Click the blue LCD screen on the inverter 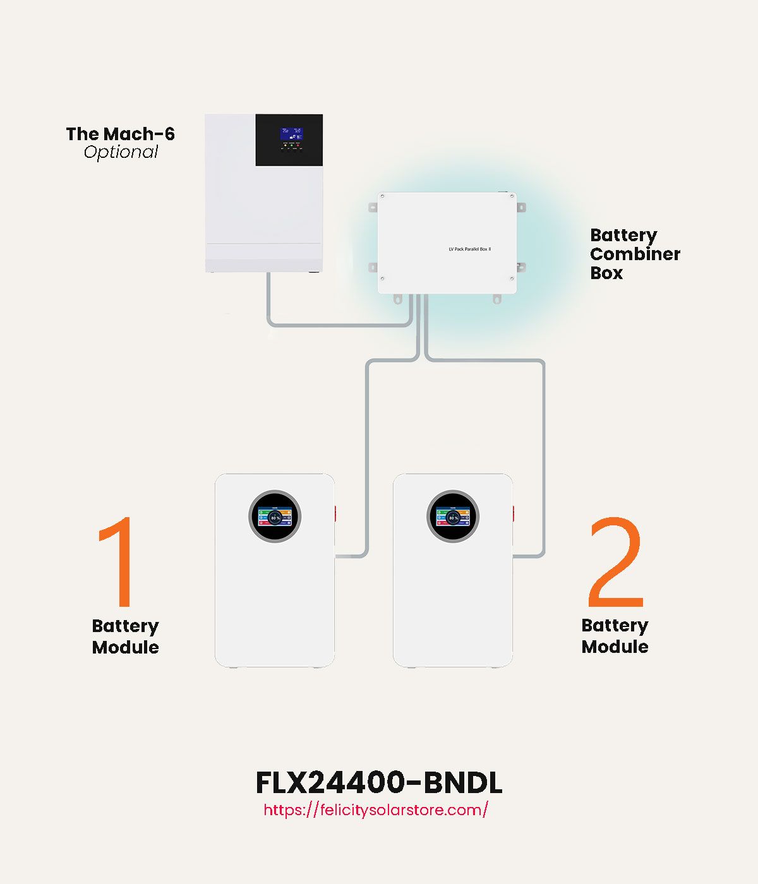291,133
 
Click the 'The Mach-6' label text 120,134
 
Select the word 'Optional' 121,152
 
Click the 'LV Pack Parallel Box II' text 469,249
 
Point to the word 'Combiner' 635,254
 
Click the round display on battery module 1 275,517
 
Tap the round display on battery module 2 453,517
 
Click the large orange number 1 117,561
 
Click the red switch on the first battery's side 335,513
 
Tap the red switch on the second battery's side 514,513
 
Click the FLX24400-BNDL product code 379,783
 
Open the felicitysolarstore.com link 376,810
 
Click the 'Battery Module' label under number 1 125,636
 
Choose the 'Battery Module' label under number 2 615,636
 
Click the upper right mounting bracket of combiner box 521,207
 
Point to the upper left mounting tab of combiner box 373,206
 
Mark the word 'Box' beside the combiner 606,273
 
